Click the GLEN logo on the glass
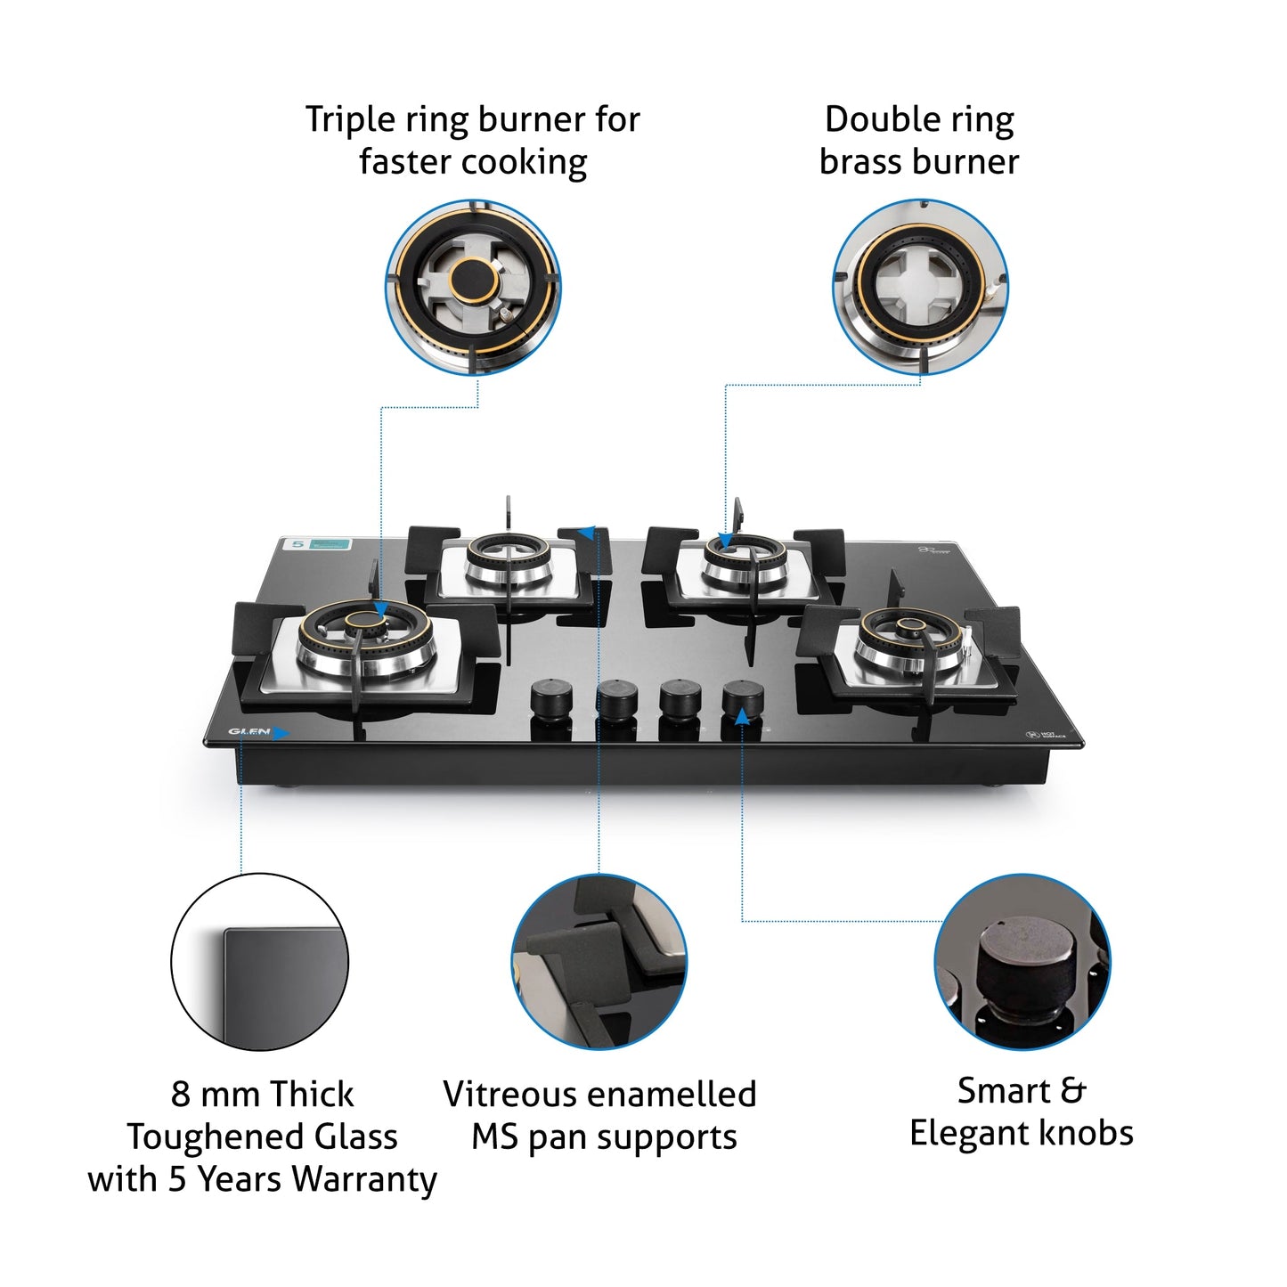248,732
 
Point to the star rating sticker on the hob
316,543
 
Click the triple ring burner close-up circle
473,287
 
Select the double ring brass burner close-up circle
920,287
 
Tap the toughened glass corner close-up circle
259,962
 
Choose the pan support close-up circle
599,962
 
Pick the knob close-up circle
1022,962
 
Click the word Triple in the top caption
350,120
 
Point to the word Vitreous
512,1095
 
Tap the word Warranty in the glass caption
364,1179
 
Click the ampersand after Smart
1073,1091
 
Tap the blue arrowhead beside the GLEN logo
281,733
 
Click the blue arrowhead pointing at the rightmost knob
742,715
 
